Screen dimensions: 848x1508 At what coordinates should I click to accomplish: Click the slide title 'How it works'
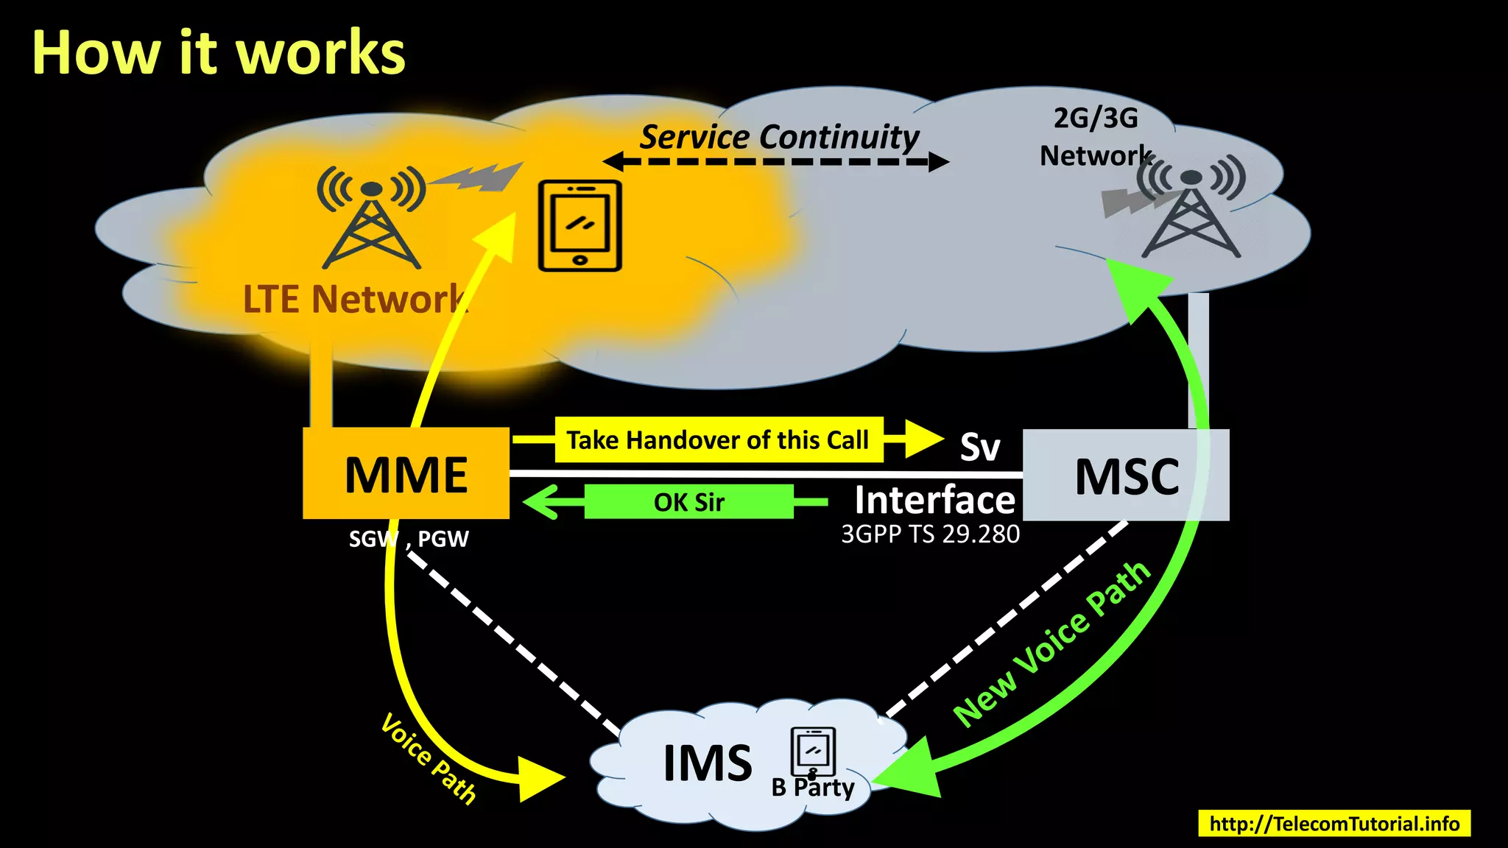pyautogui.click(x=218, y=53)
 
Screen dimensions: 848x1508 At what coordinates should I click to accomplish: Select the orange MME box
pyautogui.click(x=406, y=473)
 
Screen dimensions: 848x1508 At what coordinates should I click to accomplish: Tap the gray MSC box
pyautogui.click(x=1125, y=476)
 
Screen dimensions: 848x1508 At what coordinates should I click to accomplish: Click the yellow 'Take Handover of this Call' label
pyautogui.click(x=718, y=440)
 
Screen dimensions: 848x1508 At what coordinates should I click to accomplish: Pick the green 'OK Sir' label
pyautogui.click(x=688, y=502)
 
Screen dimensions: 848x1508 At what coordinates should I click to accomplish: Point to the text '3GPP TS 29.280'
pyautogui.click(x=930, y=534)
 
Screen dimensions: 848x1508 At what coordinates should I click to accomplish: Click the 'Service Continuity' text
pyautogui.click(x=779, y=137)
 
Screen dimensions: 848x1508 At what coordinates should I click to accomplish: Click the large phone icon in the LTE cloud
pyautogui.click(x=580, y=225)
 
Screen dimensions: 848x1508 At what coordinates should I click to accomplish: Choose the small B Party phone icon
pyautogui.click(x=813, y=752)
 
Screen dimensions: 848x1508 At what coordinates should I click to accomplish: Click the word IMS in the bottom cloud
pyautogui.click(x=707, y=763)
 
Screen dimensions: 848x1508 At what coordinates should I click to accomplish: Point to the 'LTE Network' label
pyautogui.click(x=355, y=300)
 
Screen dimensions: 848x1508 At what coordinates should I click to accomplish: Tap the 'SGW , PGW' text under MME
pyautogui.click(x=409, y=539)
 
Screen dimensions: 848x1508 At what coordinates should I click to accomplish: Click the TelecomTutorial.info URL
pyautogui.click(x=1334, y=823)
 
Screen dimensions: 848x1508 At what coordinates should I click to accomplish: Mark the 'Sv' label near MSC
pyautogui.click(x=980, y=447)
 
